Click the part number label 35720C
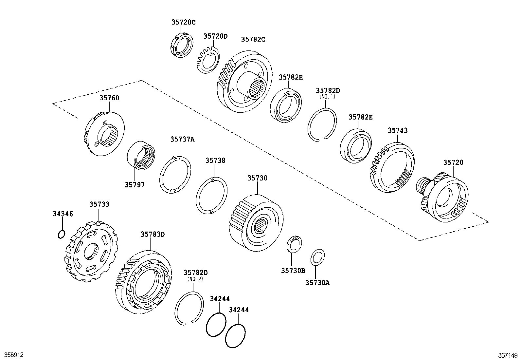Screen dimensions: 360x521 183,22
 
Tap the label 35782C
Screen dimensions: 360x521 253,39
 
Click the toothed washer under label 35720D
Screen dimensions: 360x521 207,59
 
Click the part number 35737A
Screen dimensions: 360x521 182,139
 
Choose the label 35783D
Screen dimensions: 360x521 153,234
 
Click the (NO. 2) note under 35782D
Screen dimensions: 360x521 195,279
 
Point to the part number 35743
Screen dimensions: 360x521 398,130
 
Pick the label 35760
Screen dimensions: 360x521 109,98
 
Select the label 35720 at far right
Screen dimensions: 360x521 453,162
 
